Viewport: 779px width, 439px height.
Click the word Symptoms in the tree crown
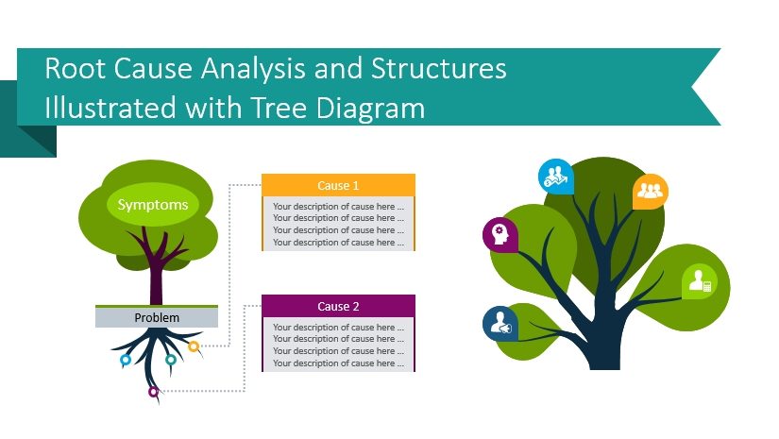pyautogui.click(x=152, y=205)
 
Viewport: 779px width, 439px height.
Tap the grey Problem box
pyautogui.click(x=157, y=318)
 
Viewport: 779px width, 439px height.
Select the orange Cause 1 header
pyautogui.click(x=338, y=185)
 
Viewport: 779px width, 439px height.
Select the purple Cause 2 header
pyautogui.click(x=338, y=306)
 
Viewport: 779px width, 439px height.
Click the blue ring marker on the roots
pyautogui.click(x=126, y=360)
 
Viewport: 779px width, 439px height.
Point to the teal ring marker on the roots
pyautogui.click(x=171, y=359)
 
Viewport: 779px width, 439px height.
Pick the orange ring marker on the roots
pyautogui.click(x=195, y=346)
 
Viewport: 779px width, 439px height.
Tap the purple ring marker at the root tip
pyautogui.click(x=154, y=391)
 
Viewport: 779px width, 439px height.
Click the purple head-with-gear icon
pyautogui.click(x=500, y=234)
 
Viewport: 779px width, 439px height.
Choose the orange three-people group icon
pyautogui.click(x=651, y=191)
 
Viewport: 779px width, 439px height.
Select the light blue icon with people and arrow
pyautogui.click(x=555, y=176)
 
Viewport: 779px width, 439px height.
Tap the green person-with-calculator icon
pyautogui.click(x=700, y=280)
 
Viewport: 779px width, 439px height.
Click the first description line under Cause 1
pyautogui.click(x=338, y=206)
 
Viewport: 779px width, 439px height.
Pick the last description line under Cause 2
pyautogui.click(x=338, y=363)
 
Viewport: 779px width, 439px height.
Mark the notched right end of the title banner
pyautogui.click(x=703, y=87)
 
